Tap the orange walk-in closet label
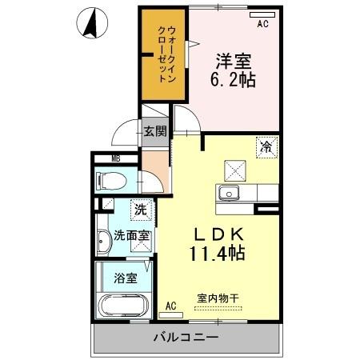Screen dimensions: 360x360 162,54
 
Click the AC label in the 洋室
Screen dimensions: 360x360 262,24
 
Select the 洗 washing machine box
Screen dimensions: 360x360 140,210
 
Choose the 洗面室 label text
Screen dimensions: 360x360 130,236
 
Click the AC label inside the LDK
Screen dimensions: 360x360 170,305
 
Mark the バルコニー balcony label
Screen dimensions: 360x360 186,338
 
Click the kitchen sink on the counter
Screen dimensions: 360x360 228,193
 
